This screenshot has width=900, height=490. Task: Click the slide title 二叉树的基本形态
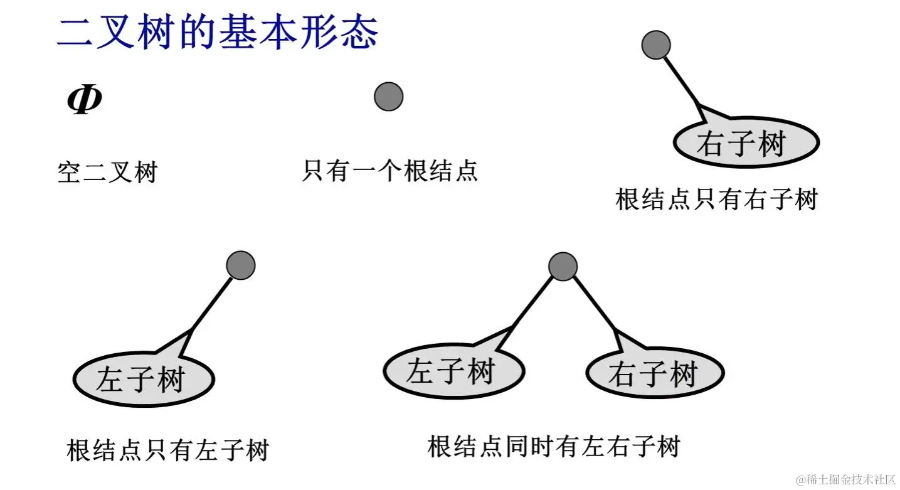pos(218,31)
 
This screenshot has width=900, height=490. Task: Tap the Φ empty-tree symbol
pos(85,100)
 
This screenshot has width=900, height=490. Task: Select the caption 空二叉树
pos(107,172)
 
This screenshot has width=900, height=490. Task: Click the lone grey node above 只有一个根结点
pos(388,97)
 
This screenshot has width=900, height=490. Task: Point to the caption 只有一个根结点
pos(389,171)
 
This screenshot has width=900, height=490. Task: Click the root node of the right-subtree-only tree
pos(656,45)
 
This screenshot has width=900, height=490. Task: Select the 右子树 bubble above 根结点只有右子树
pos(746,143)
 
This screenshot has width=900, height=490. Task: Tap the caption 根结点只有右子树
pos(717,200)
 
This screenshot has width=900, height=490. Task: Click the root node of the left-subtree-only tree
pos(241,265)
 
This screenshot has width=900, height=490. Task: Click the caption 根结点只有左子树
pos(167,450)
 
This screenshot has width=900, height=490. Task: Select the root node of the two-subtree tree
pos(563,266)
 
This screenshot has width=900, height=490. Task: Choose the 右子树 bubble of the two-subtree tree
pos(654,374)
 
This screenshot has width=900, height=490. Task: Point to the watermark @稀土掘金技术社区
pos(845,479)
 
